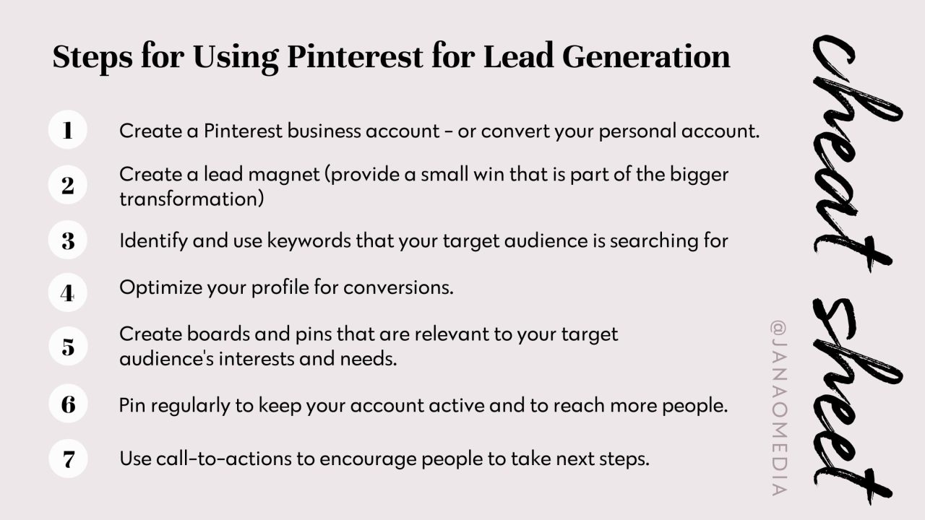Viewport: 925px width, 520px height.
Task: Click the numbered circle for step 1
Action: point(68,131)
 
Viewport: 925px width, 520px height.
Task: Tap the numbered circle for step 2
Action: point(68,186)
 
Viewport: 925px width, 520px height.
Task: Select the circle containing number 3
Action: point(68,240)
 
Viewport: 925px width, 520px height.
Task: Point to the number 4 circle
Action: point(68,294)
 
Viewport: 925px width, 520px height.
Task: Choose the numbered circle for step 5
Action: point(68,347)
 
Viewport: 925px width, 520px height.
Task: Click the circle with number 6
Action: point(68,404)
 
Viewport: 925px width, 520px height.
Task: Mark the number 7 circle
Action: point(68,459)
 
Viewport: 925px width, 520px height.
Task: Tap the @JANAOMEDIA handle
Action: point(778,408)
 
